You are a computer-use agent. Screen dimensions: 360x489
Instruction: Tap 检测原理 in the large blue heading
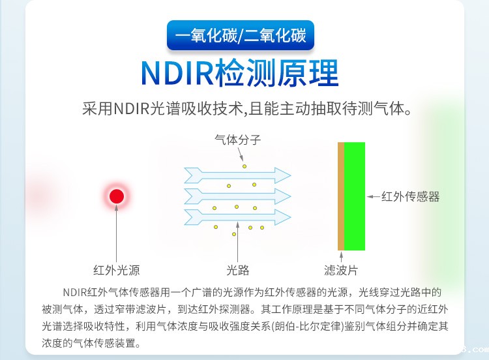[280, 74]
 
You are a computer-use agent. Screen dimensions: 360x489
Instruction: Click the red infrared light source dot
[117, 196]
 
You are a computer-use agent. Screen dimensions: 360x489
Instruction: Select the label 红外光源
[117, 270]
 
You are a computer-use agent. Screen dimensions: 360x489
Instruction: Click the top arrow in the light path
[237, 175]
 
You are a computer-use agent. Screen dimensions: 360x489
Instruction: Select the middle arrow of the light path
[237, 195]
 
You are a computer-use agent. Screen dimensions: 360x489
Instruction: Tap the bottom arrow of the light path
[237, 215]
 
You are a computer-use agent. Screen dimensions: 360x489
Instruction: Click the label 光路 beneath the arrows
[238, 270]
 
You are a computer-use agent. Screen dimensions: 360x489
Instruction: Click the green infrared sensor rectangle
[355, 196]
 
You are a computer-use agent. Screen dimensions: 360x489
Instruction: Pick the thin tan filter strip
[340, 196]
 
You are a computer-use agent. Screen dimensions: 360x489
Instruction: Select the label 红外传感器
[411, 196]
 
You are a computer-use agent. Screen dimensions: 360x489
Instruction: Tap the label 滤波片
[341, 270]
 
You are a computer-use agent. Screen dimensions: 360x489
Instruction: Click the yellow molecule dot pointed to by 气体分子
[245, 166]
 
